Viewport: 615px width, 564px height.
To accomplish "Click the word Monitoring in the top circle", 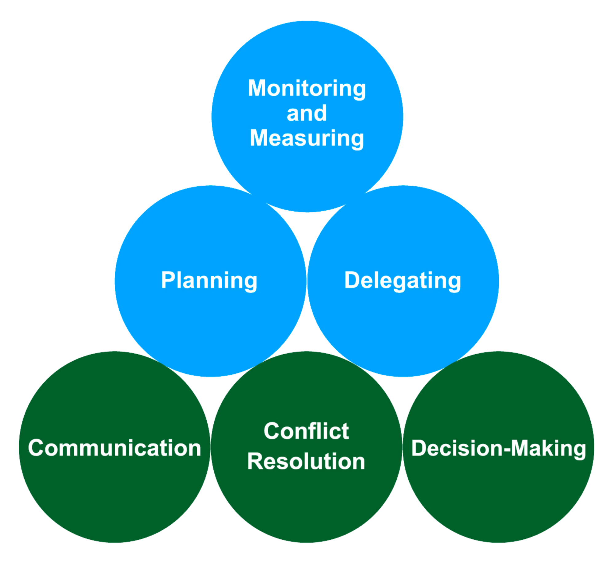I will (x=307, y=89).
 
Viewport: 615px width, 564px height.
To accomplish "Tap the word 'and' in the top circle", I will (x=307, y=113).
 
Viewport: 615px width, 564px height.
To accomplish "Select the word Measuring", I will (x=307, y=138).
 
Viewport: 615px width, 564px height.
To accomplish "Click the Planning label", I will (x=209, y=280).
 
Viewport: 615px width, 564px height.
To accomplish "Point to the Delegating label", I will (x=403, y=280).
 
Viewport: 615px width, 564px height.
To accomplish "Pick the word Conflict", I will (x=306, y=431).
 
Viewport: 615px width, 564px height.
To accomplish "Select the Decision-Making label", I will (x=499, y=448).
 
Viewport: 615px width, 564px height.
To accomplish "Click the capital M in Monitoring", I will (x=257, y=88).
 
